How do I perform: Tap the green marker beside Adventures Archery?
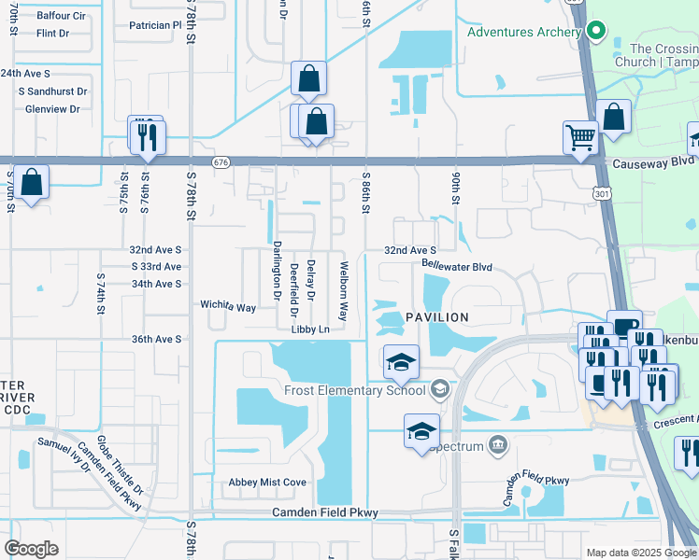coord(594,32)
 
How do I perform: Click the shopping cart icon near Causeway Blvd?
coord(580,138)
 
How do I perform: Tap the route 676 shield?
coord(221,162)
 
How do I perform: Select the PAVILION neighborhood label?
coord(436,318)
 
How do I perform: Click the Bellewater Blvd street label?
coord(457,266)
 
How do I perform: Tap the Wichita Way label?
coord(228,306)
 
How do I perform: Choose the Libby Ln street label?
coord(311,329)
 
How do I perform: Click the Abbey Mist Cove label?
coord(267,483)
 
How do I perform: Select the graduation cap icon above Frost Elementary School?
coord(401,362)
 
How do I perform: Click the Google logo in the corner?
coord(31,549)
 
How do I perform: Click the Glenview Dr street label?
coord(55,108)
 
